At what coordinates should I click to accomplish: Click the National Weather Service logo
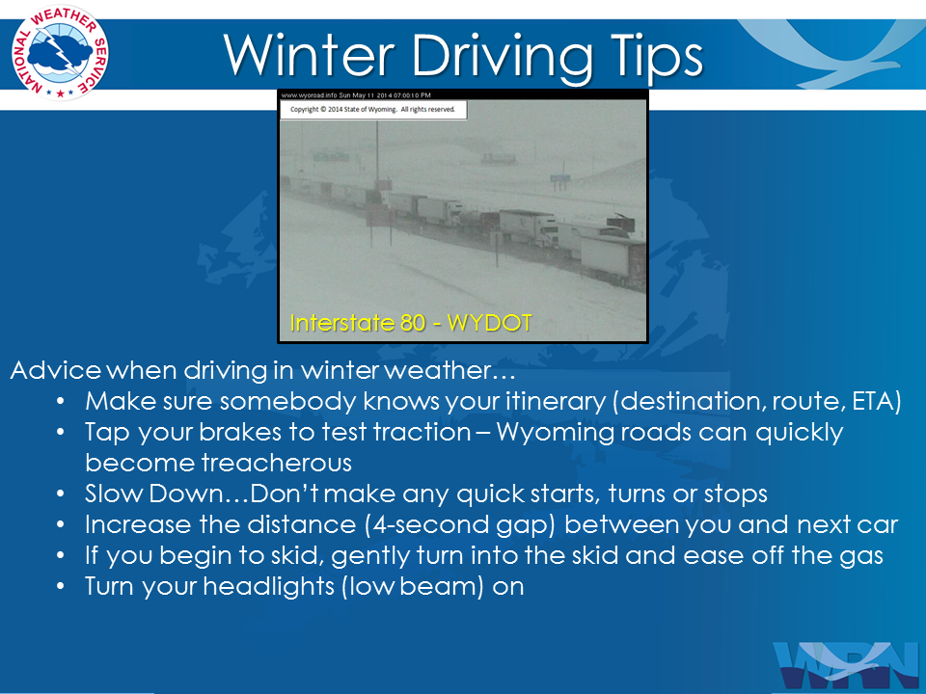[x=60, y=52]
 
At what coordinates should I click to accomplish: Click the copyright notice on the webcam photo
[x=372, y=109]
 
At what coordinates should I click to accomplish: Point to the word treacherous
[x=277, y=463]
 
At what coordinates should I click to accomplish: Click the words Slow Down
[x=153, y=494]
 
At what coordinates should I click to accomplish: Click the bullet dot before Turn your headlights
[x=60, y=587]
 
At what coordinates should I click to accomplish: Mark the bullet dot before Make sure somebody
[x=60, y=401]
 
